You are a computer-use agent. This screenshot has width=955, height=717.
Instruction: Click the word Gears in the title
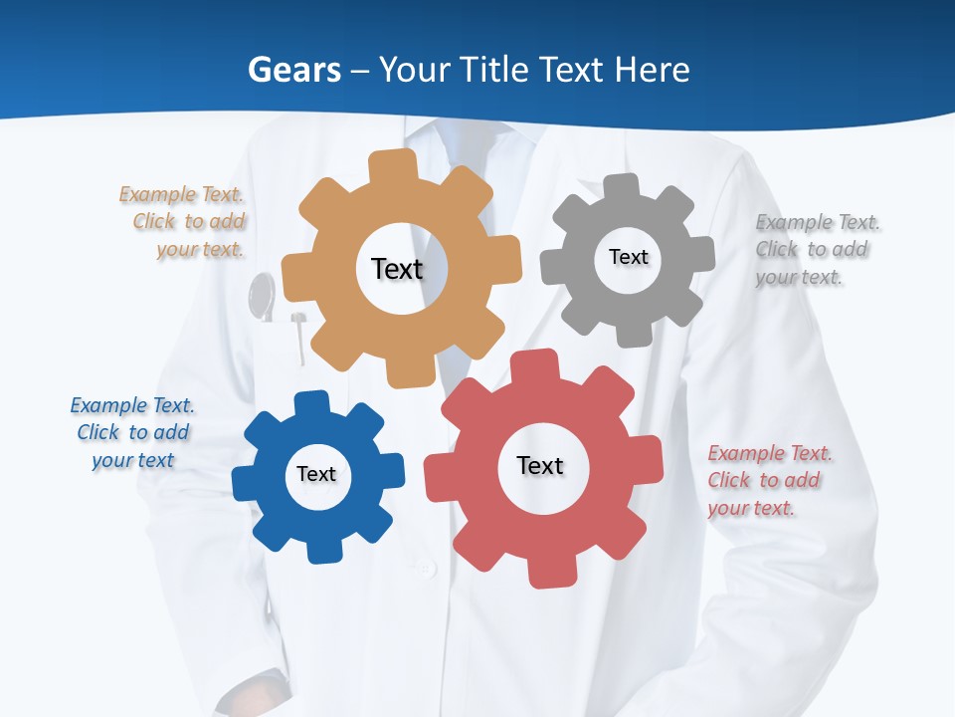(x=294, y=70)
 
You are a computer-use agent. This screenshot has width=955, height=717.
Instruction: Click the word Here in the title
(x=652, y=70)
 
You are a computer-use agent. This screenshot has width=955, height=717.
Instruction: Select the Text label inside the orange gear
(x=397, y=269)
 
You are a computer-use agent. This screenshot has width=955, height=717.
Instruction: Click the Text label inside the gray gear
(x=628, y=257)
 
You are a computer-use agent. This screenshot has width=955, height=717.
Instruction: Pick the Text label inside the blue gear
(x=316, y=474)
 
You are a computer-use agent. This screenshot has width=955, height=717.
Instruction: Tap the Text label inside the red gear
(x=540, y=465)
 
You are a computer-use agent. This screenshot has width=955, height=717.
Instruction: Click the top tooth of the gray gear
(x=622, y=188)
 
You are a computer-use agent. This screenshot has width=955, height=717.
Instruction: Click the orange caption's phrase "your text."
(x=200, y=249)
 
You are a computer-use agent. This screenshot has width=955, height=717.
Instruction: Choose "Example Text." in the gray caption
(x=818, y=222)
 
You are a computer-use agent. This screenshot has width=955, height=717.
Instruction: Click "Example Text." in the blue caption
(x=132, y=405)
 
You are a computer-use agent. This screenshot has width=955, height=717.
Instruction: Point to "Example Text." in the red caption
(x=770, y=453)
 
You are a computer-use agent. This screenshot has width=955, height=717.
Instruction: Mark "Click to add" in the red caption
(x=764, y=480)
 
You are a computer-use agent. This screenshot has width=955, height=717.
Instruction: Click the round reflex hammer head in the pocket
(x=262, y=296)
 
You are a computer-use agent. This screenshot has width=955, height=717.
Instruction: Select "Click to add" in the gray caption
(x=812, y=250)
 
